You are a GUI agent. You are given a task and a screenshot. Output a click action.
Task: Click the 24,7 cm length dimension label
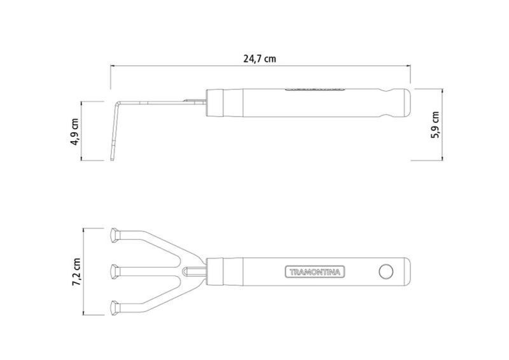tap(260, 59)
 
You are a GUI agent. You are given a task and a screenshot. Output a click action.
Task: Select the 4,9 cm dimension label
tap(74, 132)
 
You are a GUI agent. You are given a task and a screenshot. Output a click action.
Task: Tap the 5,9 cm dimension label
tap(435, 125)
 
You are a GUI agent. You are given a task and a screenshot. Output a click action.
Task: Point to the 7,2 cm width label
tap(76, 272)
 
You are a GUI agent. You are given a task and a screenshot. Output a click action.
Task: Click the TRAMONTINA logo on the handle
tap(315, 272)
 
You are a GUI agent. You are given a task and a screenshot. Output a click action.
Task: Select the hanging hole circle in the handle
tap(386, 272)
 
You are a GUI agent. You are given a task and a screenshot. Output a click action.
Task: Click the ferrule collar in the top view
tap(215, 272)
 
